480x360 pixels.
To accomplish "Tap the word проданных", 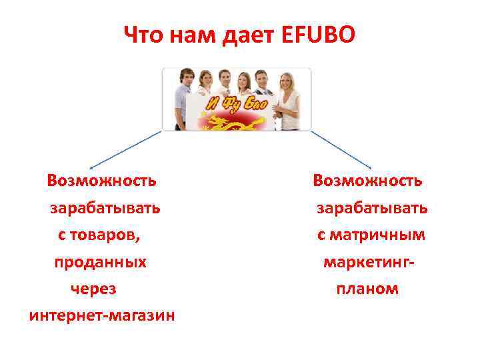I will (101, 262).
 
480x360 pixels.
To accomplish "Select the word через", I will (93, 289).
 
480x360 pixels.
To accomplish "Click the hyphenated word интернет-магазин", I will (102, 315).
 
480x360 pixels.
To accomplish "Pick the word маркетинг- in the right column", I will (369, 262).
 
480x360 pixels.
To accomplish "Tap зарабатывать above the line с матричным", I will (372, 208).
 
